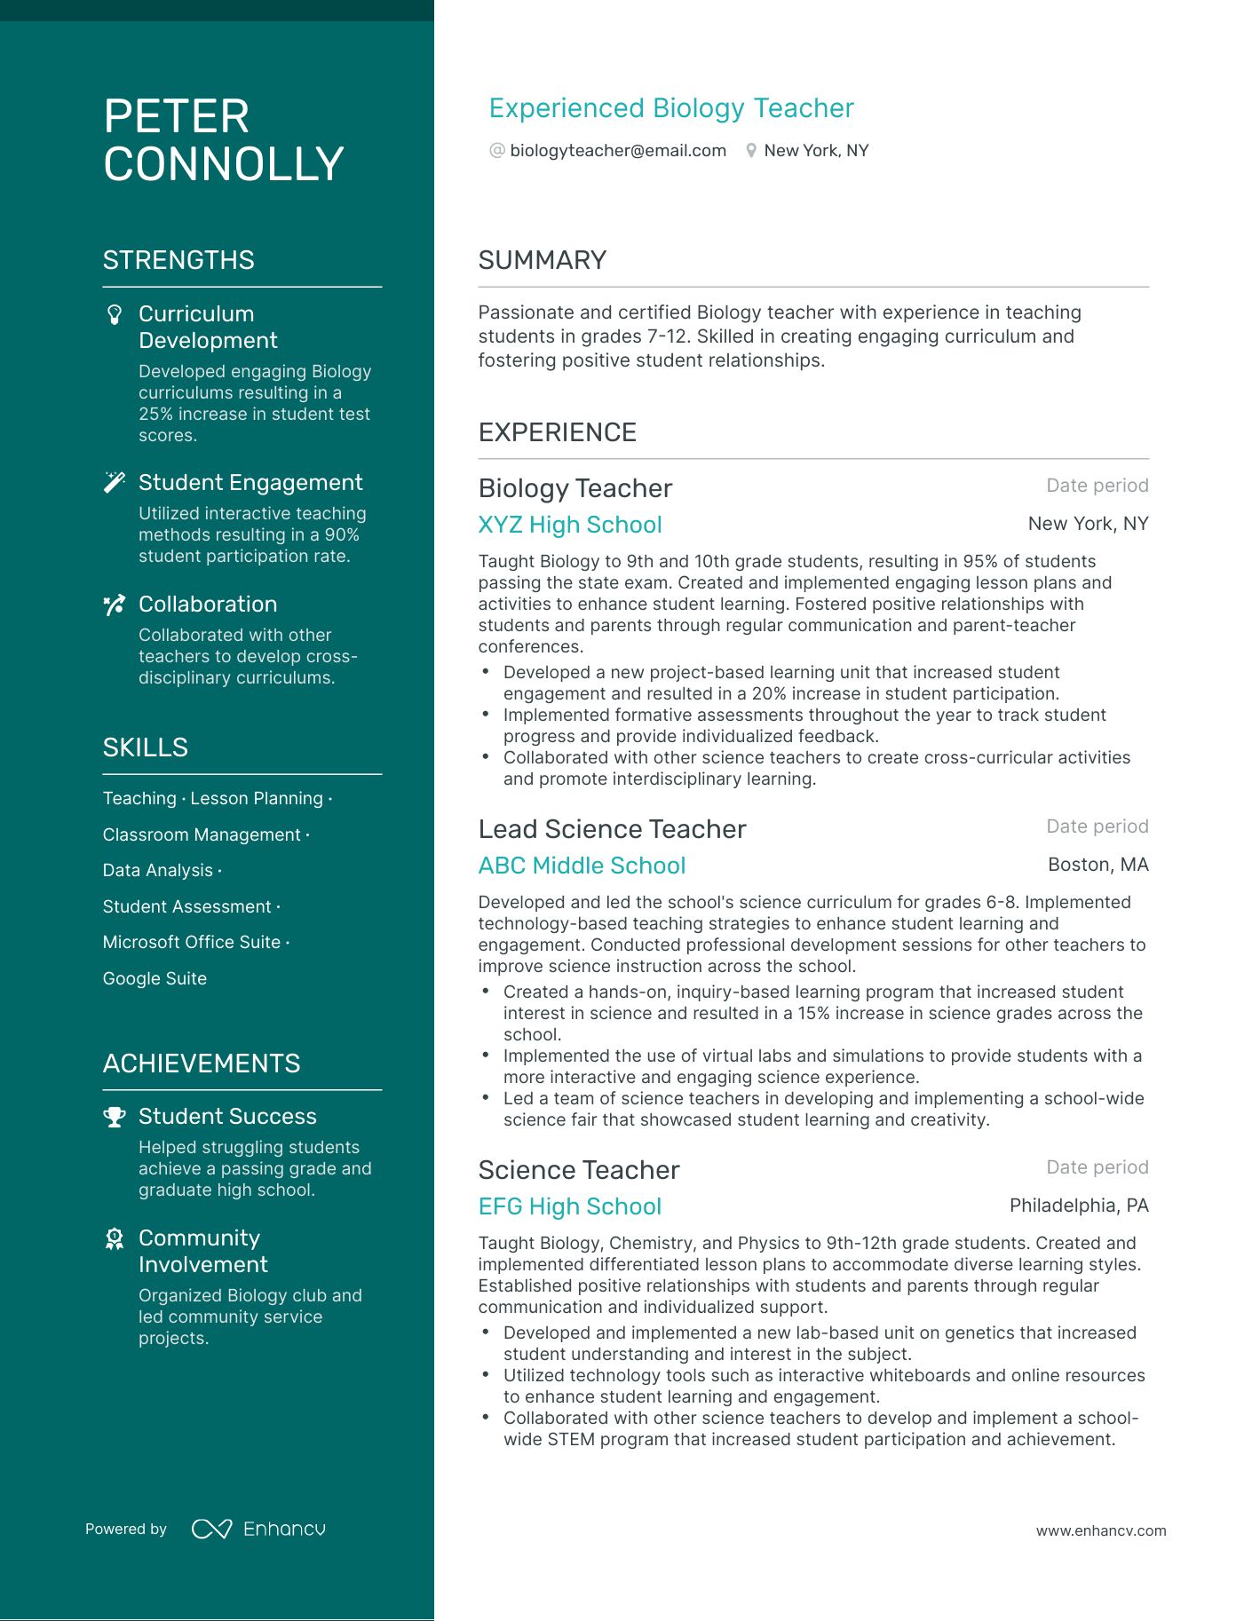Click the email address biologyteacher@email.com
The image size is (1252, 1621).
pyautogui.click(x=618, y=151)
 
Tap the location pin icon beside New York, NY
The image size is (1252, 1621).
pyautogui.click(x=751, y=151)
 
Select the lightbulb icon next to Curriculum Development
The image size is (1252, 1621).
pyautogui.click(x=115, y=314)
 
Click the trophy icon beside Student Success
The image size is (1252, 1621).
pyautogui.click(x=115, y=1117)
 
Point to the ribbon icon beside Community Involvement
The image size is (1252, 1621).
pyautogui.click(x=115, y=1238)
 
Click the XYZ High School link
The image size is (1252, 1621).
pyautogui.click(x=570, y=525)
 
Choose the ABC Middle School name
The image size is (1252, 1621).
pyautogui.click(x=582, y=866)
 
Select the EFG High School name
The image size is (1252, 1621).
pyautogui.click(x=570, y=1206)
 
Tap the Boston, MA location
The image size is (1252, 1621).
pyautogui.click(x=1097, y=865)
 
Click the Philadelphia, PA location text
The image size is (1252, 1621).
pyautogui.click(x=1079, y=1206)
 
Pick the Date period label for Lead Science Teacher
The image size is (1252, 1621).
pyautogui.click(x=1097, y=826)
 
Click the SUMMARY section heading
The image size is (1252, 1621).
pyautogui.click(x=543, y=260)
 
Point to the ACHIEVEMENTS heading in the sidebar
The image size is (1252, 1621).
pyautogui.click(x=202, y=1064)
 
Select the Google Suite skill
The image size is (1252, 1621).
pyautogui.click(x=155, y=978)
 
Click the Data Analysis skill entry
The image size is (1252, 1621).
pyautogui.click(x=158, y=871)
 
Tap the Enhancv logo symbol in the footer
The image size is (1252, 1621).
pyautogui.click(x=212, y=1529)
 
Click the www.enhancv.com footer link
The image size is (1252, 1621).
pyautogui.click(x=1101, y=1530)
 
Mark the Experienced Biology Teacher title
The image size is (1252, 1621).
pyautogui.click(x=671, y=108)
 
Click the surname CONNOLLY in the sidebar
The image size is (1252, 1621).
pyautogui.click(x=224, y=164)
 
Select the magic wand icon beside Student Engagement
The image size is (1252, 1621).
pyautogui.click(x=115, y=482)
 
